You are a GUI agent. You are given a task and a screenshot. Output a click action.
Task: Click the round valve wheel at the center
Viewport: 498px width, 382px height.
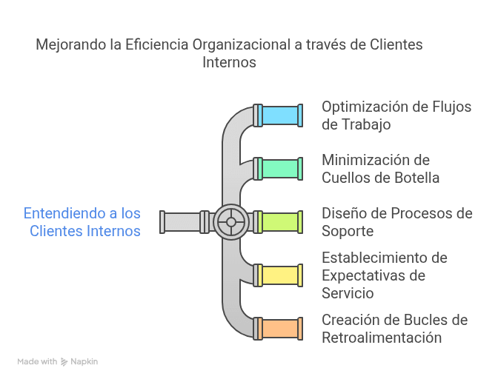coord(231,222)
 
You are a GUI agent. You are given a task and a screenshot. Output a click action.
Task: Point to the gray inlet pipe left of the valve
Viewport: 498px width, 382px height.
coord(182,222)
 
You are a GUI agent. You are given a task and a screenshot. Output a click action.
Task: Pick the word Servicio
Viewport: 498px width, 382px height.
coord(348,293)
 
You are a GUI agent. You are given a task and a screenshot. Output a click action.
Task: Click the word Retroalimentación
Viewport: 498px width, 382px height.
coord(382,338)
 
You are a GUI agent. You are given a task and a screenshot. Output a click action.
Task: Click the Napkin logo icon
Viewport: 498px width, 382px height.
coord(65,362)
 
